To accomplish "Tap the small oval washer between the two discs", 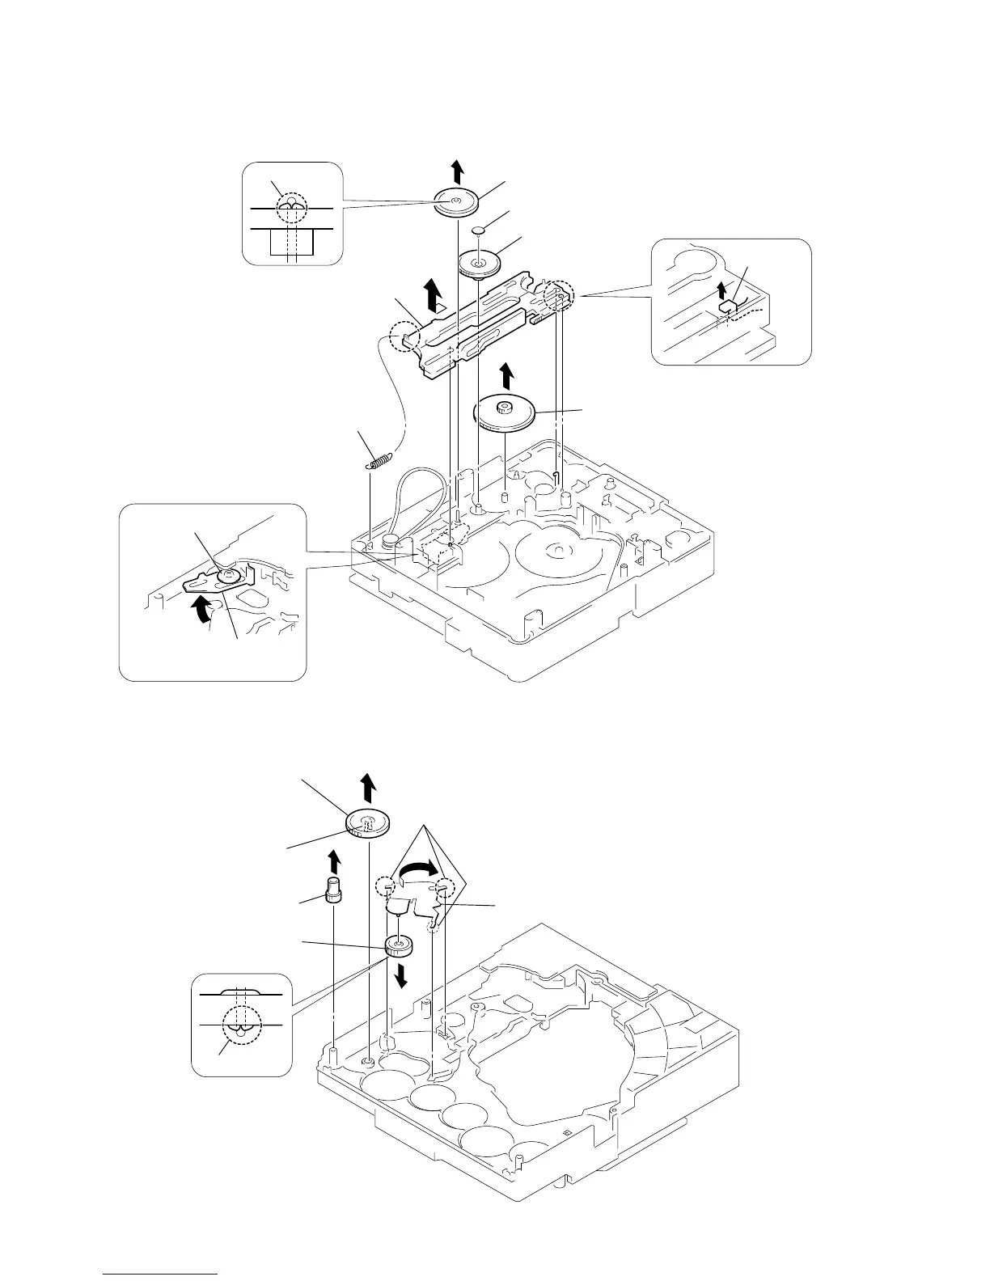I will point(479,230).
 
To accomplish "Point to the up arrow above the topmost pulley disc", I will point(458,171).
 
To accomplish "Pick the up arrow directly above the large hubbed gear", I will point(506,376).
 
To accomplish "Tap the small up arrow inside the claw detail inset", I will point(722,290).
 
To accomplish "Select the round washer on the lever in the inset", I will point(229,575).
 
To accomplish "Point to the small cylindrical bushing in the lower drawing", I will point(332,889).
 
